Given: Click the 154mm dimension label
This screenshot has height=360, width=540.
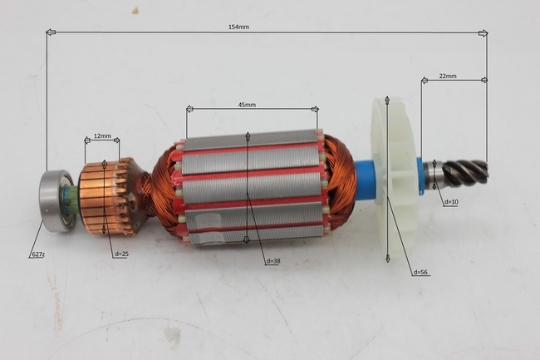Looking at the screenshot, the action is coord(238,27).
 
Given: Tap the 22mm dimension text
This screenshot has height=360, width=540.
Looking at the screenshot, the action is coord(448,76).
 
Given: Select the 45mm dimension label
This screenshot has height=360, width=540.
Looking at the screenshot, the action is coord(247,105).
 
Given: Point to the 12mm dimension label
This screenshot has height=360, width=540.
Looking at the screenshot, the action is coord(103,136).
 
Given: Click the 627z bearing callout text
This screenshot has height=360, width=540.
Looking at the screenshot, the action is coord(38,254).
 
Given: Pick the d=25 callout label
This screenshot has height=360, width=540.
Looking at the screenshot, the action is coord(121,254).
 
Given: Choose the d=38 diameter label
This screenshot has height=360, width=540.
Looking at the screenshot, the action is coord(273,261).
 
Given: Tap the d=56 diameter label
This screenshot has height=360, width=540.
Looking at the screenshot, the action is coord(420,272).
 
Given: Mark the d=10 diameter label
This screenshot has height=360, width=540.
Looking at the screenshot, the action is coord(451,202).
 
